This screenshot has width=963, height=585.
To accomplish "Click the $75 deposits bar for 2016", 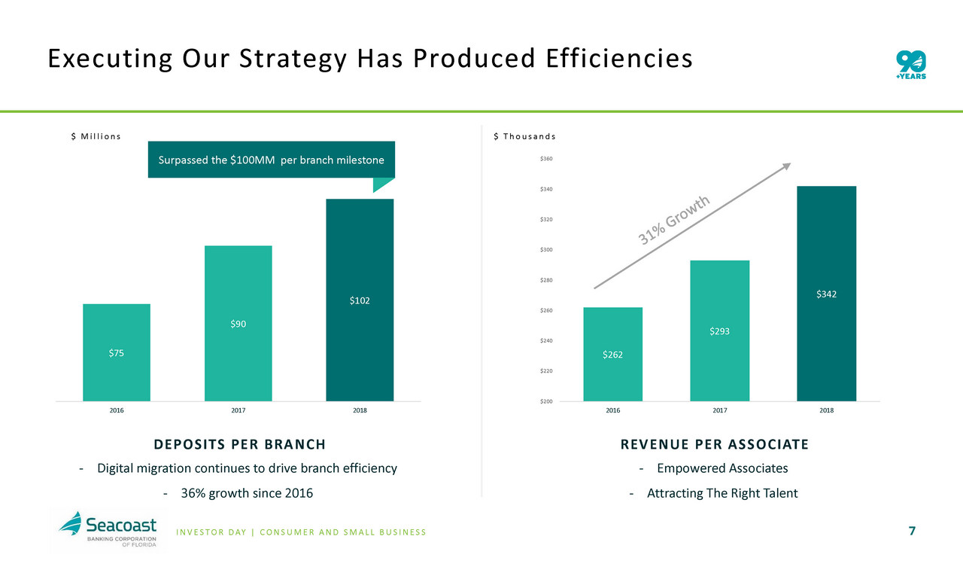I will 117,352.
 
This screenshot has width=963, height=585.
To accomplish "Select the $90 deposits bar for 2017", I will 238,324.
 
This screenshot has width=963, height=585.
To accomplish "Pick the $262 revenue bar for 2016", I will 612,354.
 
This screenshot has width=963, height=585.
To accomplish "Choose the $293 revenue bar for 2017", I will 719,331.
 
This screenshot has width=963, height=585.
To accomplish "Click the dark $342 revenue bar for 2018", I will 826,294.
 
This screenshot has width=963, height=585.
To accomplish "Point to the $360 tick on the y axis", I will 546,159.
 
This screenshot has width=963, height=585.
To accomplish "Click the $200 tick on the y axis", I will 546,401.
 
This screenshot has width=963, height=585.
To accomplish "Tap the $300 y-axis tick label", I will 546,250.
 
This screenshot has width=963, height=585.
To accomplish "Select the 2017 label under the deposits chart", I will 238,411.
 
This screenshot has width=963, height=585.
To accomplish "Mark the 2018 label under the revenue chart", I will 826,411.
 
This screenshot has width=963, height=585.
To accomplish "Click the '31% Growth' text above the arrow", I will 675,220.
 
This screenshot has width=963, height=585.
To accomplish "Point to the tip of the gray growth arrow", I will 789,164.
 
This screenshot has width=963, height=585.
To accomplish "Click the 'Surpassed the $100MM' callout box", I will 271,160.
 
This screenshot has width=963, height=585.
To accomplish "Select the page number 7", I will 912,532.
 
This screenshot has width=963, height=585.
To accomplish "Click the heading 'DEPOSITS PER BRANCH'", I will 240,444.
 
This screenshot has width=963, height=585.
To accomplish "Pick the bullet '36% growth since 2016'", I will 238,494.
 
